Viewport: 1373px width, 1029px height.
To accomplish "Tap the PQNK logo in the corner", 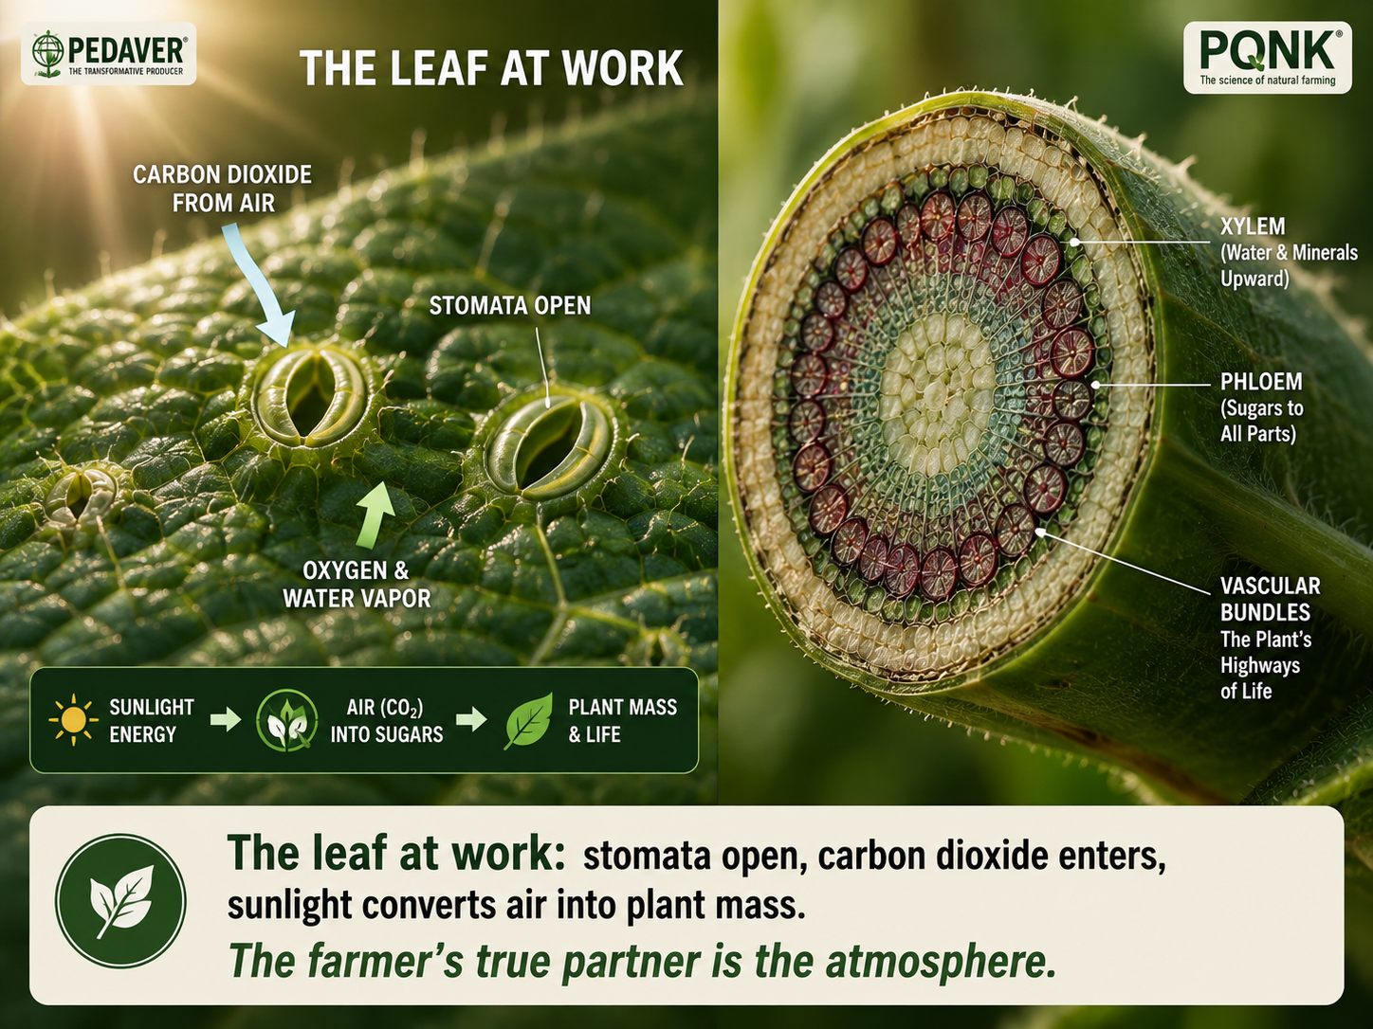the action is [1268, 58].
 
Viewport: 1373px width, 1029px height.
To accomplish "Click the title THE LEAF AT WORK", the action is [491, 68].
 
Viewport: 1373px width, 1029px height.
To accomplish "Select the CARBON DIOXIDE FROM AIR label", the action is [223, 189].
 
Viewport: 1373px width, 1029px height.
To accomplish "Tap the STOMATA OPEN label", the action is [510, 305].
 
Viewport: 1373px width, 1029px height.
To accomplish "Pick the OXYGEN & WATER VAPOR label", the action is [357, 585].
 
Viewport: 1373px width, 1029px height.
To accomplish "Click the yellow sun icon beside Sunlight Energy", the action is [73, 719].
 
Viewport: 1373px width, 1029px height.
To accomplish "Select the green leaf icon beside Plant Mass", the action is [528, 720].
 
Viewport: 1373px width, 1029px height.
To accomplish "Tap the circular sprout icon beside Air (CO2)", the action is [285, 720].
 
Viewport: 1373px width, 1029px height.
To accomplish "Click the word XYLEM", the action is [1253, 226].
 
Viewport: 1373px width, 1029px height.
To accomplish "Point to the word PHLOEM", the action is [1260, 382].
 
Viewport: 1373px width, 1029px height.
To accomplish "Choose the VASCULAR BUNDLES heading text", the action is [1270, 599].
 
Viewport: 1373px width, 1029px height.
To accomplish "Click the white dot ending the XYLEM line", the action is [1074, 242].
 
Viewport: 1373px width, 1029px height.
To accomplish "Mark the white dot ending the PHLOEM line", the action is [1095, 385].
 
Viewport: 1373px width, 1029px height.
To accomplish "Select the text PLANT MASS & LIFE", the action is [622, 720].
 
